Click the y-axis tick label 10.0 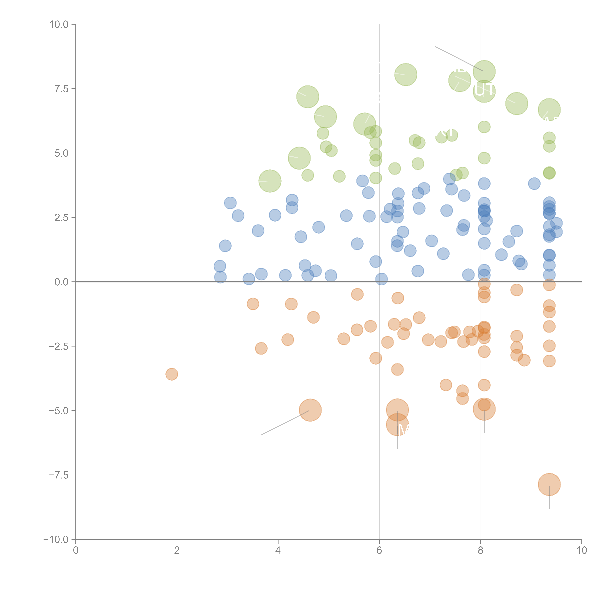pos(59,24)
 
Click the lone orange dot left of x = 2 pos(172,374)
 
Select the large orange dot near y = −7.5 pos(549,484)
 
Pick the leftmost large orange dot pos(310,410)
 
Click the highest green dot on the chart pos(484,72)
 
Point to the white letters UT pos(484,90)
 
